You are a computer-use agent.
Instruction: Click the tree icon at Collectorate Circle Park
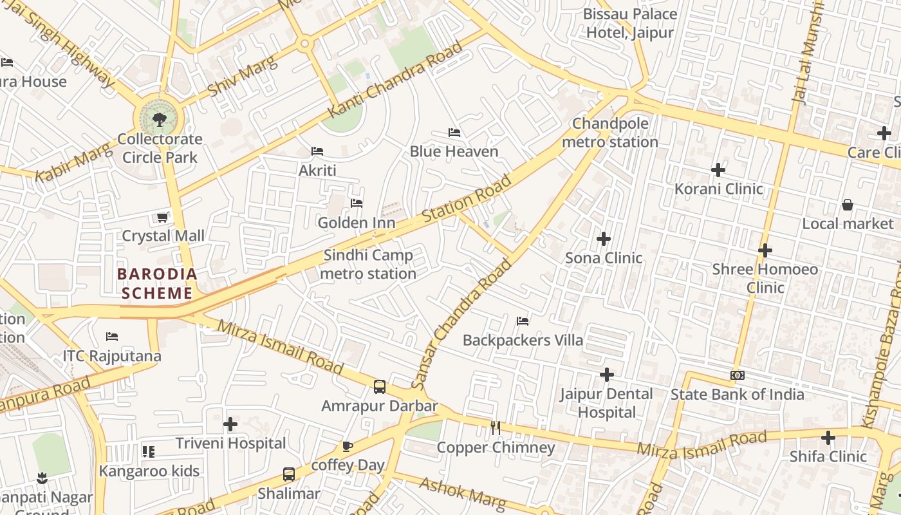pos(159,118)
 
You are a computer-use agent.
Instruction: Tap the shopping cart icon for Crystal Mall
pos(163,217)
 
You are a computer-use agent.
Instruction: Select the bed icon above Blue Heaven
pos(454,133)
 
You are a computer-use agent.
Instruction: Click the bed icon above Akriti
pos(317,151)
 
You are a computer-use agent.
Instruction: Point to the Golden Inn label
pos(356,223)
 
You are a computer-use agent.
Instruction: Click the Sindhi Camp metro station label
pos(368,265)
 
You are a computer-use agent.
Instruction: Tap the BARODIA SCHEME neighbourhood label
pos(157,284)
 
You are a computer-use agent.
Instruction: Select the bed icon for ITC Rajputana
pos(112,336)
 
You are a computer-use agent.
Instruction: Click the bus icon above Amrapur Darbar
pos(380,387)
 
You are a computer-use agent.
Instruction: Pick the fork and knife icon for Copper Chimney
pos(496,427)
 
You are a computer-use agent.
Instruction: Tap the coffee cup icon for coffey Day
pos(348,446)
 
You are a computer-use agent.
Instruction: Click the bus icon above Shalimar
pos(289,474)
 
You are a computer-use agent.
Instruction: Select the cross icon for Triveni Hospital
pos(230,424)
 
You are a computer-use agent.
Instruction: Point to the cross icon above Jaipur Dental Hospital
pos(606,374)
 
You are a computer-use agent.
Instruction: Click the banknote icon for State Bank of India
pos(738,375)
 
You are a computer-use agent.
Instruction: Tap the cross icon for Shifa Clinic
pos(828,438)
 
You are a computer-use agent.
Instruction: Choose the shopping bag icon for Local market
pos(848,205)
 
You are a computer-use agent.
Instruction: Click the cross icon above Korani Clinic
pos(718,170)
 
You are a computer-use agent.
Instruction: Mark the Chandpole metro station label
pos(610,133)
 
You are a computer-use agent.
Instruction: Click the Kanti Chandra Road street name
pos(395,80)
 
